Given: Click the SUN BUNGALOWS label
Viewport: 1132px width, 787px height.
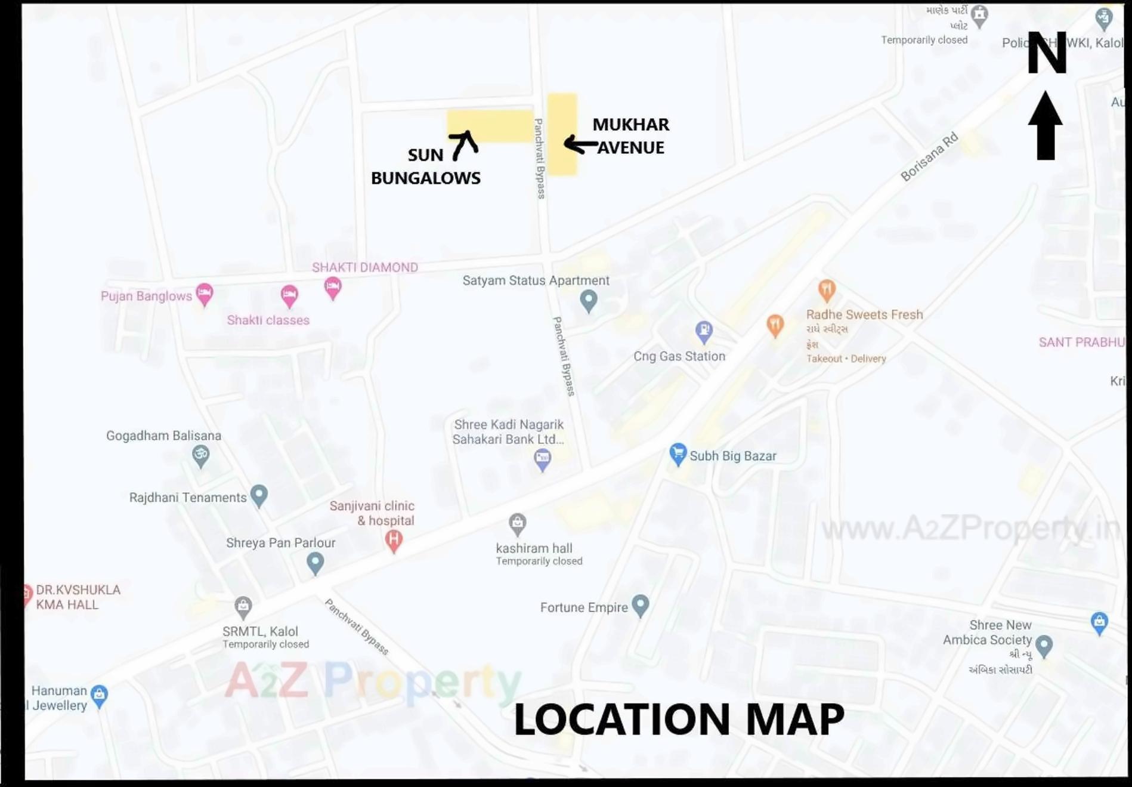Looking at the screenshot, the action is point(425,166).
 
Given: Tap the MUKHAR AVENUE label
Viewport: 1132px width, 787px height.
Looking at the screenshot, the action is point(630,136).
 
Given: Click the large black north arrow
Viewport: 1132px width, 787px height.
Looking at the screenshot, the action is point(1046,126).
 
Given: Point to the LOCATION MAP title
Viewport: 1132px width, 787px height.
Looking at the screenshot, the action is point(679,719).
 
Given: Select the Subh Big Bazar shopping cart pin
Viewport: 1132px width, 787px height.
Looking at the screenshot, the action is point(678,454).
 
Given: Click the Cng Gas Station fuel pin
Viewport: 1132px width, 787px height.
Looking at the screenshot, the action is point(704,331).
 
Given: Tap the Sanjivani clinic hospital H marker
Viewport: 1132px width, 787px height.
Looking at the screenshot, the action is point(393,541).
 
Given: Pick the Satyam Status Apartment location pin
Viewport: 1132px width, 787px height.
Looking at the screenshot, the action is point(589,300).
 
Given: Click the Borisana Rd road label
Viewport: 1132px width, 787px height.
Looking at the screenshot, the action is point(929,156).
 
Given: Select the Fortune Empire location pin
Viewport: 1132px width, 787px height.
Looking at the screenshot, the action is point(640,605).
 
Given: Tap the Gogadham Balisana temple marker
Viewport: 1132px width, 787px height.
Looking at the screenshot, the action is point(201,456).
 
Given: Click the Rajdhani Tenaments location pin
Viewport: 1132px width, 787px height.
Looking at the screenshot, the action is point(259,495).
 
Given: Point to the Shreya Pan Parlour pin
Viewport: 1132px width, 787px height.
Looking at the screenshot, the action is point(315,562).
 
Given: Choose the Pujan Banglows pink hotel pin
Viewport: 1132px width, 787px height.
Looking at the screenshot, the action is point(205,294).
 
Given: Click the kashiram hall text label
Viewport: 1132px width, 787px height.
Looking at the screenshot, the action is point(534,548).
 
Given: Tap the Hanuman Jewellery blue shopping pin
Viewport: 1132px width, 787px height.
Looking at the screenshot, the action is point(99,695).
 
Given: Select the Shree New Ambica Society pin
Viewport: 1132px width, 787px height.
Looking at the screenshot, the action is point(1044,645).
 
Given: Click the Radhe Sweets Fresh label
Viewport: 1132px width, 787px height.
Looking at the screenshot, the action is point(864,314).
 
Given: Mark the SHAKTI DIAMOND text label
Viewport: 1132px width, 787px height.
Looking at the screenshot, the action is point(364,267).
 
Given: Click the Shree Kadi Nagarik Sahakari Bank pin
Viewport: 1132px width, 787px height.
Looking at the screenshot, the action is point(542,459).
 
